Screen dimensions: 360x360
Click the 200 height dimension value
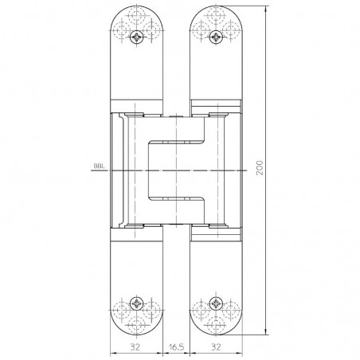[260, 167]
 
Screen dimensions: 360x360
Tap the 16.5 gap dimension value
[176, 347]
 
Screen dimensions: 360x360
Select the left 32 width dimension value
[135, 347]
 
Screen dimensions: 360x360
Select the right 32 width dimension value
[217, 347]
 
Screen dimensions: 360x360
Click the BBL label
[99, 166]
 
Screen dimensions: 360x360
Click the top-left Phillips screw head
[137, 37]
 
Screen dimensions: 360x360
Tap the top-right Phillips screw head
[216, 37]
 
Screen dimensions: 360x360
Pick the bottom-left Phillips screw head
[137, 303]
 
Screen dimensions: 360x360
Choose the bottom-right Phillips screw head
[216, 303]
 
